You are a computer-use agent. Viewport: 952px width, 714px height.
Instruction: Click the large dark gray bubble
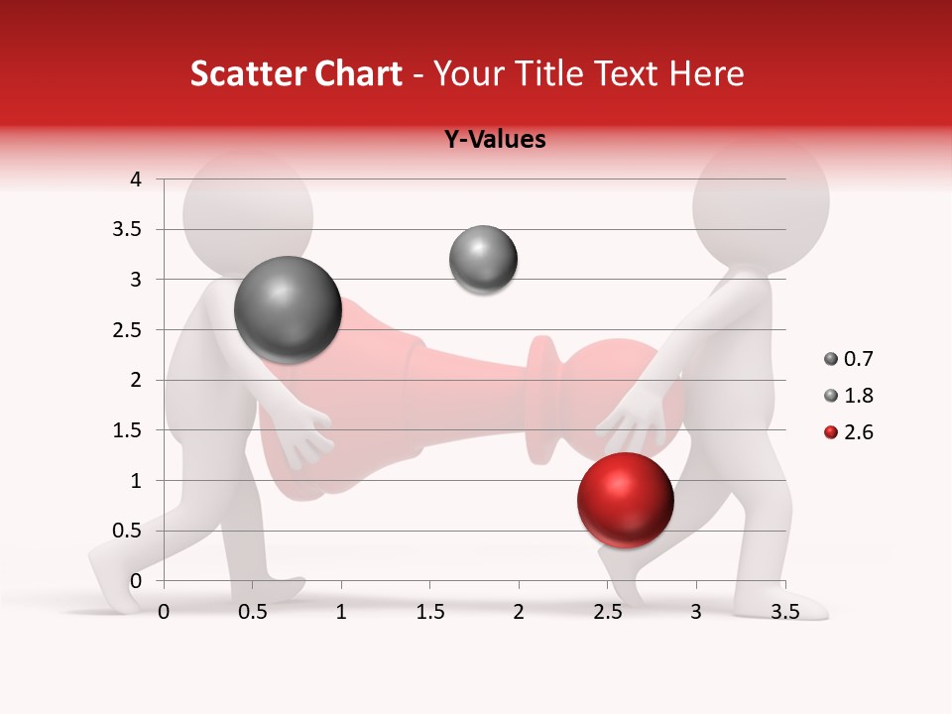[x=288, y=310]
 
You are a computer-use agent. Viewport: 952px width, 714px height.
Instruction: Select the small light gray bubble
[x=483, y=260]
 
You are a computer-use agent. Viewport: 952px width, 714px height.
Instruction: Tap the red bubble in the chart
[x=625, y=500]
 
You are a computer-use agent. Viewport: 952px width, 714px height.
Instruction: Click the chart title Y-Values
[x=494, y=140]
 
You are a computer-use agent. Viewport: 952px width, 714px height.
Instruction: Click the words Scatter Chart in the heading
[x=297, y=73]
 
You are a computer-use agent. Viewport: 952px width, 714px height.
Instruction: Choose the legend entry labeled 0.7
[x=850, y=359]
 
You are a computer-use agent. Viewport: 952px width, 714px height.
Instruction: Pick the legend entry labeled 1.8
[x=850, y=396]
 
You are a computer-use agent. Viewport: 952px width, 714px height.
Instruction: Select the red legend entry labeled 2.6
[x=850, y=432]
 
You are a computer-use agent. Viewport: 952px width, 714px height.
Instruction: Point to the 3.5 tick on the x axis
[x=784, y=612]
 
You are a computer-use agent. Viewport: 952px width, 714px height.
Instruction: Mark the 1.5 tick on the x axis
[x=429, y=612]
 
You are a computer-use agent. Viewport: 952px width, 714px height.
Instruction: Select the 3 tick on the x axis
[x=696, y=612]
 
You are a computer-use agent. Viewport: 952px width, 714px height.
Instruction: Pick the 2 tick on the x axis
[x=519, y=612]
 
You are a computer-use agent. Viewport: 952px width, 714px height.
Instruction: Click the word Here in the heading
[x=706, y=73]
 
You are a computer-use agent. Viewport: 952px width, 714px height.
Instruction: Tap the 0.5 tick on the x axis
[x=252, y=612]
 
